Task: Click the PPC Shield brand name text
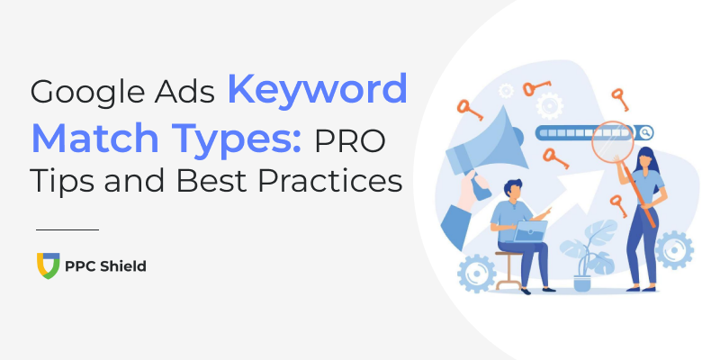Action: pyautogui.click(x=105, y=266)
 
